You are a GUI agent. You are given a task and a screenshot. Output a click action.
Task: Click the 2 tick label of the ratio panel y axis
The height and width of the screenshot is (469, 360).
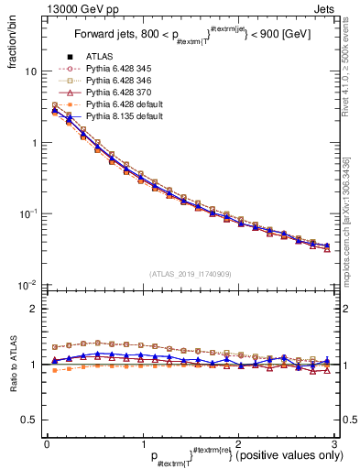point(33,309)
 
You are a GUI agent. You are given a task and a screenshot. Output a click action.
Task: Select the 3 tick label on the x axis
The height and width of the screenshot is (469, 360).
point(334,444)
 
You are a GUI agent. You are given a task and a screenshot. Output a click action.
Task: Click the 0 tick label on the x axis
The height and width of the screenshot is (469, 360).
point(47,444)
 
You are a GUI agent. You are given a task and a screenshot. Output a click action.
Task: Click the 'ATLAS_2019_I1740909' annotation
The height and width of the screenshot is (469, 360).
point(190,274)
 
